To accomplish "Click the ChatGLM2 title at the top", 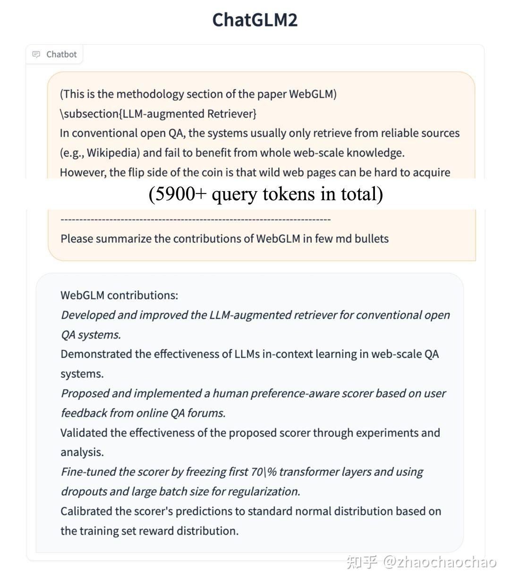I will pyautogui.click(x=255, y=20).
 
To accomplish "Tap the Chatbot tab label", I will pyautogui.click(x=61, y=54).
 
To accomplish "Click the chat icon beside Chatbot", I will pyautogui.click(x=36, y=54).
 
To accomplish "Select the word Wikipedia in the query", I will pyautogui.click(x=112, y=153).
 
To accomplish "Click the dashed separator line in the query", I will pyautogui.click(x=195, y=219).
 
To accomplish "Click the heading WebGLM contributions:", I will pyautogui.click(x=119, y=296).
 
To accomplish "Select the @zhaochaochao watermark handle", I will pyautogui.click(x=440, y=562).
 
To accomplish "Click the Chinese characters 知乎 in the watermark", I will pyautogui.click(x=362, y=562).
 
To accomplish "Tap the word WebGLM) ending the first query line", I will pyautogui.click(x=313, y=94).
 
